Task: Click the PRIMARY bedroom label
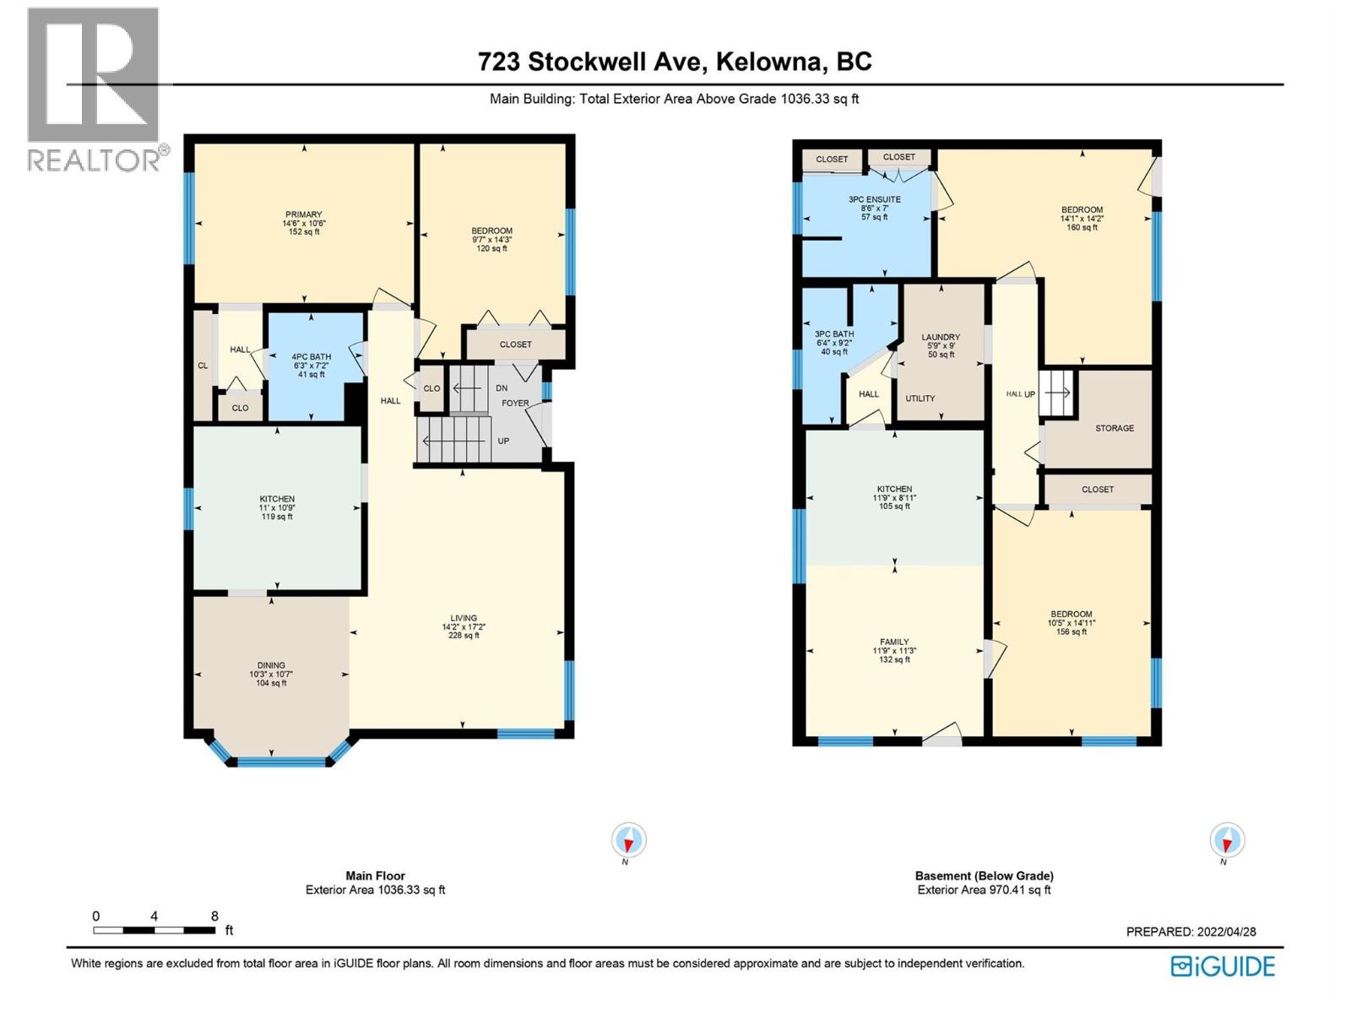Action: (303, 214)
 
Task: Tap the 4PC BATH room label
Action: (311, 357)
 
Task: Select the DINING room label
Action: (271, 665)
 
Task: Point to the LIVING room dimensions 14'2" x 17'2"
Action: (464, 627)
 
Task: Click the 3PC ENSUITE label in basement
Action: (875, 200)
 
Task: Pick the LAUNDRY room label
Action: (941, 337)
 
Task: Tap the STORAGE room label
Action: (1115, 428)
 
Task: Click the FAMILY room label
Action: (894, 642)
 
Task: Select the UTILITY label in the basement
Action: (920, 398)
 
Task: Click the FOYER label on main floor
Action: (515, 404)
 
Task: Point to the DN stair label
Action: (502, 388)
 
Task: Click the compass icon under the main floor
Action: (628, 840)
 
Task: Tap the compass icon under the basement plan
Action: (1226, 840)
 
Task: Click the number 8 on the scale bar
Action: (214, 916)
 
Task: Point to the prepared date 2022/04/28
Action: (1226, 932)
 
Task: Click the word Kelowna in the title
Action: (772, 62)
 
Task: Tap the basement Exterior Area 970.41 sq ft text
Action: (984, 890)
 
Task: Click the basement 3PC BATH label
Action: (834, 334)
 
